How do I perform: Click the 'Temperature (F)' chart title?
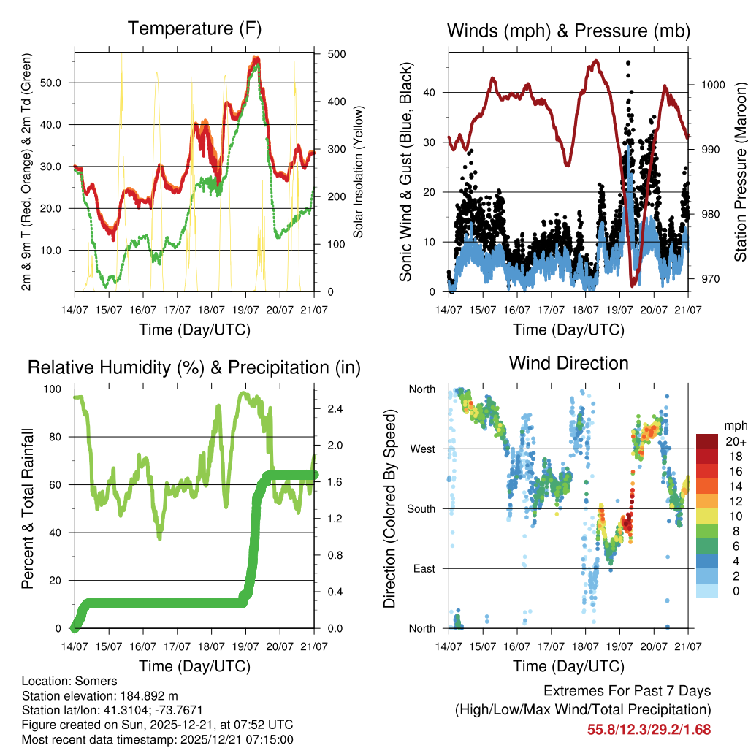coord(194,29)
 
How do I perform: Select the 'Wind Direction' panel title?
coord(568,363)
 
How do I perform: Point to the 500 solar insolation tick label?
coord(337,54)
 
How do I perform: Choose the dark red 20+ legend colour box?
coord(706,441)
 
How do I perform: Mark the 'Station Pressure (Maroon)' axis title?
coord(740,169)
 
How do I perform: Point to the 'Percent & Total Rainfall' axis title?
coord(27,508)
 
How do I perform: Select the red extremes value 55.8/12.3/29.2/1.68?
coord(649,729)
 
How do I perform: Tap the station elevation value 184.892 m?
coord(149,695)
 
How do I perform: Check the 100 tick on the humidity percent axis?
coord(54,389)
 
